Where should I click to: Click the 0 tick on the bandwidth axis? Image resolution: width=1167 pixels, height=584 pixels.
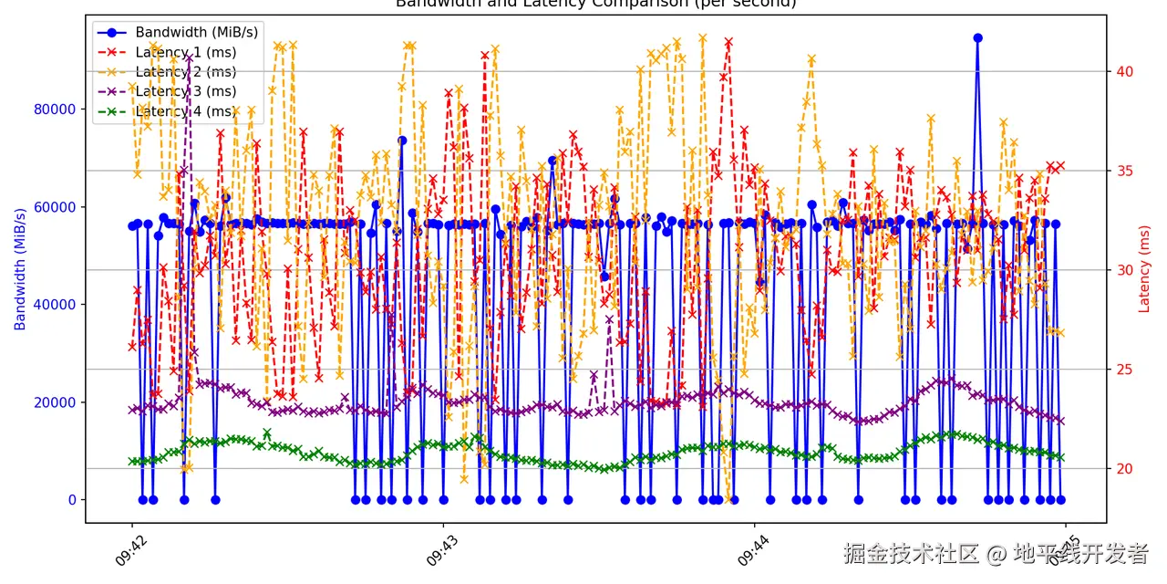(x=72, y=500)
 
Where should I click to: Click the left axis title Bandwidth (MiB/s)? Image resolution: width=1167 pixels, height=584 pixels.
(x=20, y=269)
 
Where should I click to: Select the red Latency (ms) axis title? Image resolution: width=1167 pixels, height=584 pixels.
(x=1144, y=269)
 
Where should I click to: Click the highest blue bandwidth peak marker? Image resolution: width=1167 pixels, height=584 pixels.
(x=977, y=38)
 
